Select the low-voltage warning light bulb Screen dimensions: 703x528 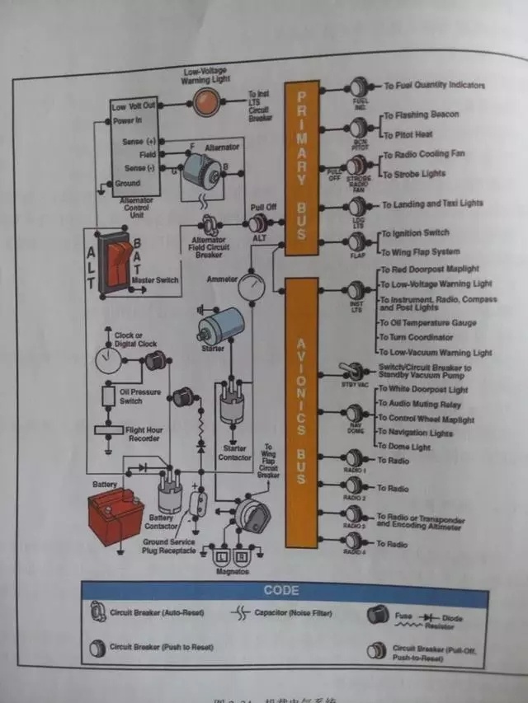pos(206,102)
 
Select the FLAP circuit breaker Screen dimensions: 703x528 pos(357,242)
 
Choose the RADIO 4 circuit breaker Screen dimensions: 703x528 pos(356,541)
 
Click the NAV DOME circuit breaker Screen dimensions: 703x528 pos(356,414)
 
